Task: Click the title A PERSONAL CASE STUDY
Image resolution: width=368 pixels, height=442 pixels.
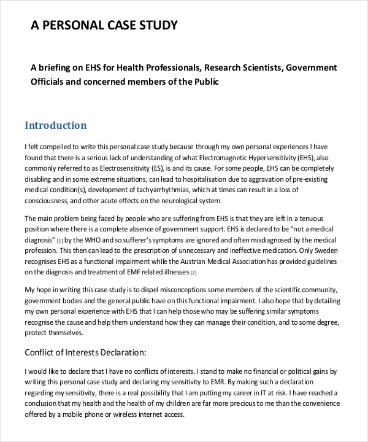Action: coord(104,25)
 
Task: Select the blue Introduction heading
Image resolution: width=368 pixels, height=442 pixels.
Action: coord(55,126)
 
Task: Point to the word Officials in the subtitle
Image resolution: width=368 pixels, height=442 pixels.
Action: coord(51,81)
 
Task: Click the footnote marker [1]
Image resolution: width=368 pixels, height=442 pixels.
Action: coord(59,241)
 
